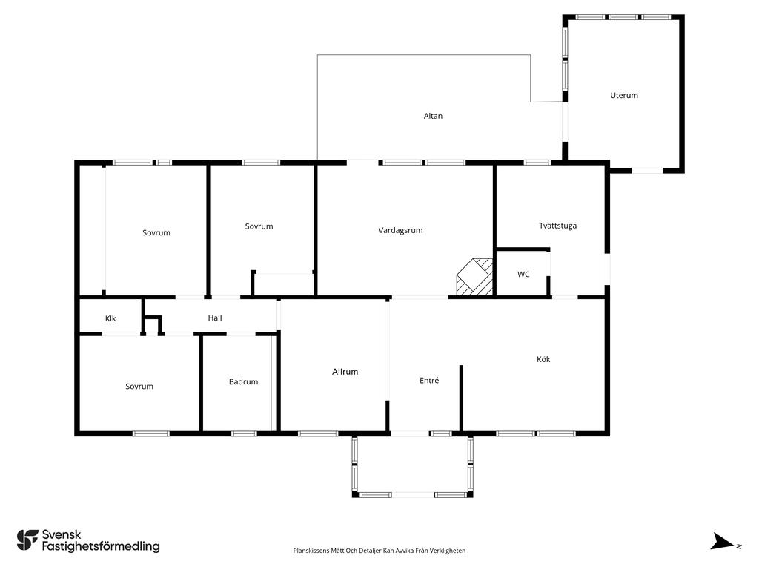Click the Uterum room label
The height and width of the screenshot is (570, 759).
(623, 96)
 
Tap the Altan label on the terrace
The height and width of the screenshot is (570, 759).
(433, 116)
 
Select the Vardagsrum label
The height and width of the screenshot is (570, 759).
(400, 230)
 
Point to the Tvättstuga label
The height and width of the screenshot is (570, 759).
(557, 226)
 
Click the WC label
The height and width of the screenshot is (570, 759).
(523, 275)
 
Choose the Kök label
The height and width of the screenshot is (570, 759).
(543, 359)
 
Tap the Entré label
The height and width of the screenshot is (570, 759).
(429, 381)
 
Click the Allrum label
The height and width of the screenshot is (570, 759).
(345, 372)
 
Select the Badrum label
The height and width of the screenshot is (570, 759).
(243, 382)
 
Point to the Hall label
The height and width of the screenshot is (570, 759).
(215, 318)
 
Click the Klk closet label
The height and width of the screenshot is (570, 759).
(110, 318)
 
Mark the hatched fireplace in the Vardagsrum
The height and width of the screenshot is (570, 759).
(475, 278)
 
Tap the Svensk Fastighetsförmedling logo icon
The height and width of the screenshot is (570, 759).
(27, 540)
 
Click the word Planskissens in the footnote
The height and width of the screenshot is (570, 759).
(311, 551)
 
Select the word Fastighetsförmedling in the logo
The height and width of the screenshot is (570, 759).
(101, 546)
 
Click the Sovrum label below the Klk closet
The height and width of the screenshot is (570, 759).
(139, 386)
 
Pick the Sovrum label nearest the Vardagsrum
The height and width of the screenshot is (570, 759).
(259, 226)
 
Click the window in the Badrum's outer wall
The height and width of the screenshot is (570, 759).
(244, 433)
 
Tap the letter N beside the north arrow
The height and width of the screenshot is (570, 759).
(739, 547)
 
